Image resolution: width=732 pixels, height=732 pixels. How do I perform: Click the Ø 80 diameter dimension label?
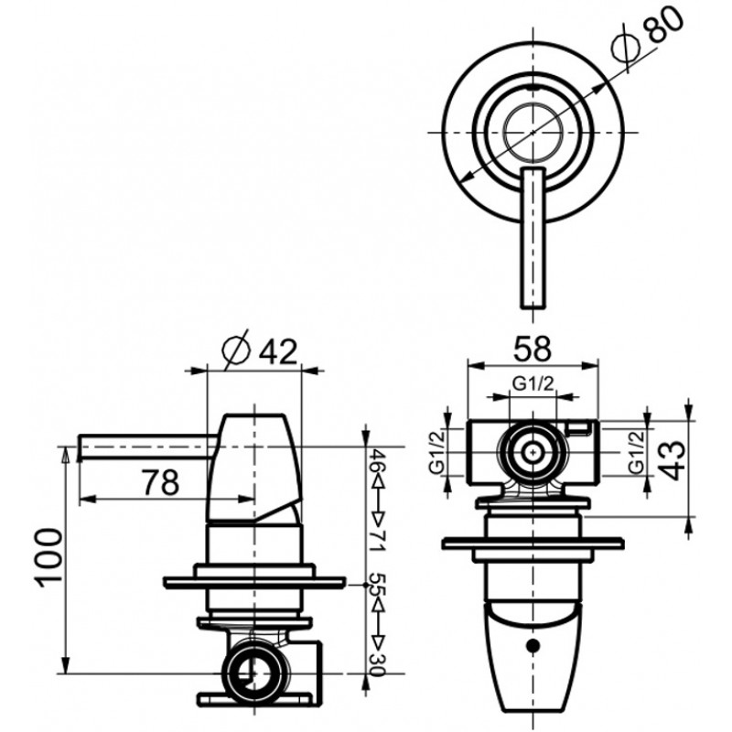[x=648, y=35]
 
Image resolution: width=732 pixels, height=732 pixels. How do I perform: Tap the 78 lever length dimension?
[x=160, y=482]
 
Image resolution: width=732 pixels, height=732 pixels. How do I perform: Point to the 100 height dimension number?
[x=48, y=556]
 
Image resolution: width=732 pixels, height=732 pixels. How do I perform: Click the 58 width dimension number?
[x=533, y=348]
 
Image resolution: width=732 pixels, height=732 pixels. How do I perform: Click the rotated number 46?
[x=377, y=459]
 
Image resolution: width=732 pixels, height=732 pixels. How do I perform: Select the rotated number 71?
[x=377, y=541]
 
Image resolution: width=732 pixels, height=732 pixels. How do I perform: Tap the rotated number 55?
[x=377, y=585]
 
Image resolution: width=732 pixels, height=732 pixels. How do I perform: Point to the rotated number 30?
[x=377, y=664]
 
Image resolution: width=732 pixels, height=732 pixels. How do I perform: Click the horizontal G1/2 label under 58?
[x=533, y=384]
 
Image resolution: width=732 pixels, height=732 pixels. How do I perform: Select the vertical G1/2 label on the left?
[x=436, y=452]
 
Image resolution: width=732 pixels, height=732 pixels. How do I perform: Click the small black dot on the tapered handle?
[x=533, y=646]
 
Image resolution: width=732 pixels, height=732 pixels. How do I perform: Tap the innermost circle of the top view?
[x=533, y=133]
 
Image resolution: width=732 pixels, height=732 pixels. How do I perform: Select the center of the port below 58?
[x=533, y=452]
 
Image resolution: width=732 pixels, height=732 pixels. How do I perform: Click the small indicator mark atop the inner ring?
[x=533, y=88]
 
